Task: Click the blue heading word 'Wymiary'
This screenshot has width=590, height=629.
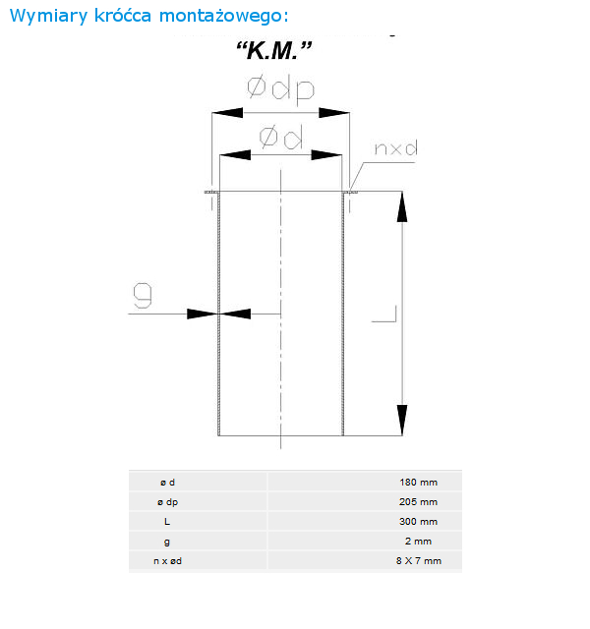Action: coord(48,17)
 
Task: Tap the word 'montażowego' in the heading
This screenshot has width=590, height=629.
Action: coord(223,17)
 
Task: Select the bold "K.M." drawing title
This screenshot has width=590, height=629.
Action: coord(274,50)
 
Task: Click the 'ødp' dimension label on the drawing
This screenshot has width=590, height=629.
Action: coord(280,88)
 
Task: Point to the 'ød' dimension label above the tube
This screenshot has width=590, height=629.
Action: coord(281,137)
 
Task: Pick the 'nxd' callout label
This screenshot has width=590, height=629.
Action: coord(395,148)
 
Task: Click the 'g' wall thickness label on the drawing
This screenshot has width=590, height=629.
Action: coord(143,295)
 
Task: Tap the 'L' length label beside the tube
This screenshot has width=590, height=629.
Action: coord(384,314)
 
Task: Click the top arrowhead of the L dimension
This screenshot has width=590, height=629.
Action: coord(402,206)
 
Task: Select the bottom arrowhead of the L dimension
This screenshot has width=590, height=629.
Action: coord(402,420)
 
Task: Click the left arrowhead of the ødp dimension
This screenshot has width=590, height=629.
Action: coord(227,113)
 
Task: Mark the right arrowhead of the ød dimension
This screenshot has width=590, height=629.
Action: coord(326,155)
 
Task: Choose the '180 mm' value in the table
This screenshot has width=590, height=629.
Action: coord(418,483)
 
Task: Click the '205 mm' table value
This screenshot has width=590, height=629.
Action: coord(418,502)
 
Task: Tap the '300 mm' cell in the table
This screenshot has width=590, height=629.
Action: coord(418,522)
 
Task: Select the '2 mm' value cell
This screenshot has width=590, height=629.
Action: coord(418,542)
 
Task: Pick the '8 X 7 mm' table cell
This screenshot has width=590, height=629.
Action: coord(419,561)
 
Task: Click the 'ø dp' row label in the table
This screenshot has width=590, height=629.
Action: coord(167,502)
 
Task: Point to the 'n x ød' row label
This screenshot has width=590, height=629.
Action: coord(167,561)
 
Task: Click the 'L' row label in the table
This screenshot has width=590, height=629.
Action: coord(167,522)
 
